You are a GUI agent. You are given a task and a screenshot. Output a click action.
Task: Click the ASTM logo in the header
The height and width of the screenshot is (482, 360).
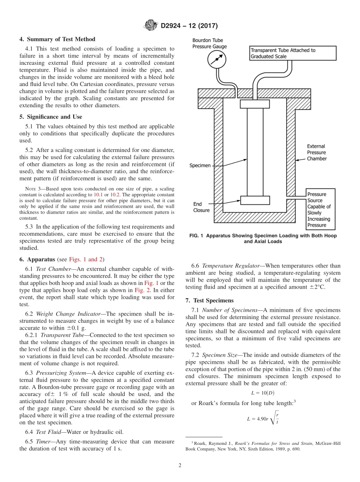[x=151, y=26]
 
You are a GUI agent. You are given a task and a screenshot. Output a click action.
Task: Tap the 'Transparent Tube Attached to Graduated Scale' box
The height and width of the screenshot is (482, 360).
[x=293, y=53]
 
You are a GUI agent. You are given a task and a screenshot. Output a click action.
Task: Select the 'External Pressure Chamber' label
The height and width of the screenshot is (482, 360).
[x=316, y=152]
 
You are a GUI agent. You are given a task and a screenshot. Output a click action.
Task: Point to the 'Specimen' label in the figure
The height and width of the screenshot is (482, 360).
[x=200, y=166]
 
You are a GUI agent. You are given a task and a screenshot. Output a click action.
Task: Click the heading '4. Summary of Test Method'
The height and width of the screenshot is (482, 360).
[x=57, y=39]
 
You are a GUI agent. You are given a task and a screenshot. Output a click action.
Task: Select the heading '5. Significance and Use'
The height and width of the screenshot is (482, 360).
[x=51, y=117]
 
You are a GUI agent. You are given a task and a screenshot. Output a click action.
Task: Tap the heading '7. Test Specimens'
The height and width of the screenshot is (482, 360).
[x=209, y=300]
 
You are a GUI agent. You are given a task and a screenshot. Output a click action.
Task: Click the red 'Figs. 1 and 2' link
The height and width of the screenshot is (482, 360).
[x=86, y=259]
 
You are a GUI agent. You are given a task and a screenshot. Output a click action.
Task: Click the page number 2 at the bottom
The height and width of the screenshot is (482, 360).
[x=180, y=465]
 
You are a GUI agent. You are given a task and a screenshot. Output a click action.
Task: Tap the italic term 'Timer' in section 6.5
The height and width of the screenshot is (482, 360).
[x=44, y=441]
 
